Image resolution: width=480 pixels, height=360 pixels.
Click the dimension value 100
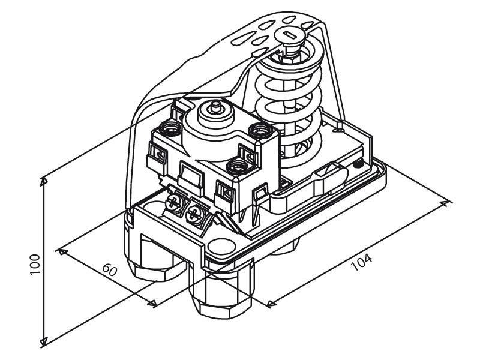[x=35, y=265]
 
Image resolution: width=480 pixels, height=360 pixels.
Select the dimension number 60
[x=110, y=269]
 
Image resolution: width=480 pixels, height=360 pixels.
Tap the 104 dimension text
[x=362, y=262]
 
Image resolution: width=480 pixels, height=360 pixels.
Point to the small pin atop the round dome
[x=216, y=106]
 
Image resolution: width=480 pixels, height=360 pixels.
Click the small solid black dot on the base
[x=357, y=164]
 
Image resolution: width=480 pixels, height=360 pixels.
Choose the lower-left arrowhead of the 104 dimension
[x=271, y=304]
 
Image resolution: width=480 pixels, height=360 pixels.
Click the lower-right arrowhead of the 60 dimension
[x=152, y=304]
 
